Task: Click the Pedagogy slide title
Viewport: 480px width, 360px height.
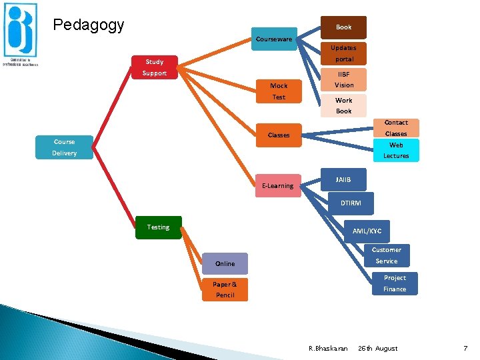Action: (89, 25)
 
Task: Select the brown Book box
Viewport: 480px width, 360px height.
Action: (343, 27)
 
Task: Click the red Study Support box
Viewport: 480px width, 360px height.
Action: (154, 67)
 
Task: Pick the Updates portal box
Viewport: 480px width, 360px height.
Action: (343, 53)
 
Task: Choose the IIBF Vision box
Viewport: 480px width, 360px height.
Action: (344, 79)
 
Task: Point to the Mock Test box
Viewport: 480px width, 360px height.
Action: (279, 91)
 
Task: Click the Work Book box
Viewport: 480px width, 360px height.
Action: (343, 106)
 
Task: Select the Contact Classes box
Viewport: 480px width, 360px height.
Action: (395, 128)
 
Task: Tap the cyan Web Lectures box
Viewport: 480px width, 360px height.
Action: (395, 150)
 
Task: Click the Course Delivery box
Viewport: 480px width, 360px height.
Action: (65, 147)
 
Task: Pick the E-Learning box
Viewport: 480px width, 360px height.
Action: (278, 185)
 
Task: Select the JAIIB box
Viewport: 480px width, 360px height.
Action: (343, 179)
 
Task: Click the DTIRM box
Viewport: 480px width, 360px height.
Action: (351, 203)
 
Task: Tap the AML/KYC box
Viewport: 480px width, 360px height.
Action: (367, 231)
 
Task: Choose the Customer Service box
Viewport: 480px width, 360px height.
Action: (386, 255)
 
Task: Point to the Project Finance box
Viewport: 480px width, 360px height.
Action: (395, 283)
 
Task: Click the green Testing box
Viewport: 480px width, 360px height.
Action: (158, 227)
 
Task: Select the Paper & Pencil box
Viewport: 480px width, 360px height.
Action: (225, 289)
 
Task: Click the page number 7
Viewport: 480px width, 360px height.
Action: (465, 348)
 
